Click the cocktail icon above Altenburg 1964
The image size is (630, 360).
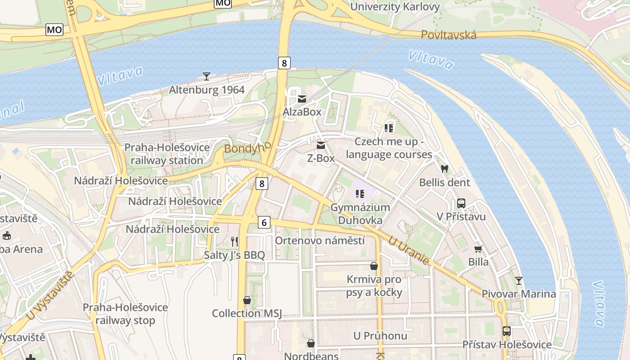pyautogui.click(x=207, y=76)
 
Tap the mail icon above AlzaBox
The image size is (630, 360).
pyautogui.click(x=301, y=99)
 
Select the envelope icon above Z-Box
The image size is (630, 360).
pyautogui.click(x=321, y=145)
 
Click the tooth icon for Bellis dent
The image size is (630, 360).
pyautogui.click(x=445, y=169)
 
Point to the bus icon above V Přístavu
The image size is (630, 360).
pyautogui.click(x=461, y=203)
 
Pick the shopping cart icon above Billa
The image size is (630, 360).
pyautogui.click(x=478, y=249)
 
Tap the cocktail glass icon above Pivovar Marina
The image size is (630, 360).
pyautogui.click(x=519, y=281)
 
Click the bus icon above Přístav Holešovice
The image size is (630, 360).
pyautogui.click(x=507, y=331)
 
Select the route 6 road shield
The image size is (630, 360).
pyautogui.click(x=264, y=222)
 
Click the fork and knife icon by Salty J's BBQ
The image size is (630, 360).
pyautogui.click(x=234, y=242)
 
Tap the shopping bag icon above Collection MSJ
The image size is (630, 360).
pyautogui.click(x=247, y=300)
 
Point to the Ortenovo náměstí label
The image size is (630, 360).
pyautogui.click(x=320, y=241)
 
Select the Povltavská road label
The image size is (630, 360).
pyautogui.click(x=449, y=35)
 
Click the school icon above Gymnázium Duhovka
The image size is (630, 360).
pyautogui.click(x=360, y=194)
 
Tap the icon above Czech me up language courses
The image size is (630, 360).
pyautogui.click(x=389, y=128)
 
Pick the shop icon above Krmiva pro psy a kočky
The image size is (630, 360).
pyautogui.click(x=374, y=266)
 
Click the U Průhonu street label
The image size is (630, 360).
pyautogui.click(x=380, y=336)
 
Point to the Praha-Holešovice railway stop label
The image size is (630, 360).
pyautogui.click(x=125, y=314)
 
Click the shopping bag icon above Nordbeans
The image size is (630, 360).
pyautogui.click(x=311, y=344)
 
